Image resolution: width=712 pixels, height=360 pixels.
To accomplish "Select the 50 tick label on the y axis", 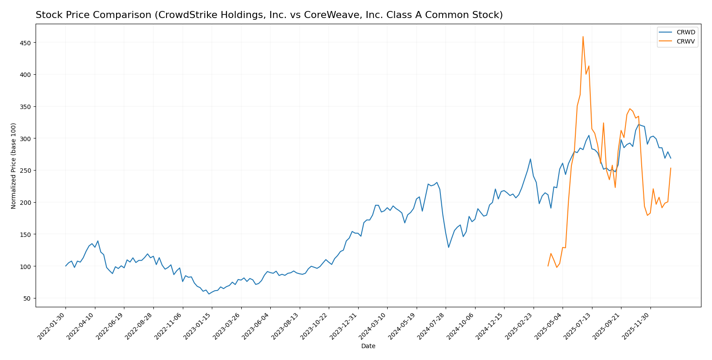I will coord(27,298).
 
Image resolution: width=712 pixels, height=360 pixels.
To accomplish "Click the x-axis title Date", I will coord(368,346).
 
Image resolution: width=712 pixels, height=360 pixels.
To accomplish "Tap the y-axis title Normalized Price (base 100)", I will coord(14,166).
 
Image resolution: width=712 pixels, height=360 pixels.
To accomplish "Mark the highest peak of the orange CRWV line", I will coord(583,36).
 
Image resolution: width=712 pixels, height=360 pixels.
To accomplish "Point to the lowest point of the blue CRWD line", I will coord(209,294).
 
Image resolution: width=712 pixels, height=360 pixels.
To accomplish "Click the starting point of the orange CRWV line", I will coord(548,266).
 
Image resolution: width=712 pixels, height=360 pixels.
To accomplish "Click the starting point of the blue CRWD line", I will coord(66,266).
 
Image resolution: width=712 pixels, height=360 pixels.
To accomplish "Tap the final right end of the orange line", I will coord(671,168).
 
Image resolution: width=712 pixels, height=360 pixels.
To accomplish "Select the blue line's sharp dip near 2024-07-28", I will coord(448,247).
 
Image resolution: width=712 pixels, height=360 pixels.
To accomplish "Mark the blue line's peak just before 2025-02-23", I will coord(530,159).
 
